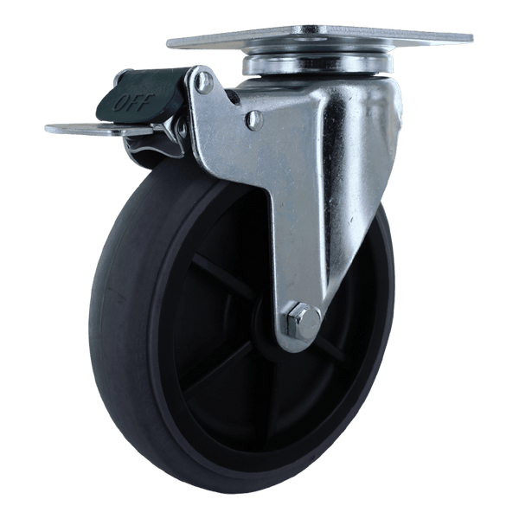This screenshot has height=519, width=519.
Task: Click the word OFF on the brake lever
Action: pos(134,102)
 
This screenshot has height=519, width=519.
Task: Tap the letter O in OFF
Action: pos(120,105)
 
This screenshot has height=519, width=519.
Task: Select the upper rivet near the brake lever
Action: pos(204,82)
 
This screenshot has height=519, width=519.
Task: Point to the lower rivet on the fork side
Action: pos(255,119)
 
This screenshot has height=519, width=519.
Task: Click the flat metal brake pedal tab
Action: pos(99,129)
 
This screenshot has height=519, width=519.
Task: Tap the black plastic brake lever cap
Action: pos(142,92)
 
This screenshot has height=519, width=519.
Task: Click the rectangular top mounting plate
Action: pos(320,38)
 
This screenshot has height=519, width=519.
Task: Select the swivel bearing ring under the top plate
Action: pos(317,65)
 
